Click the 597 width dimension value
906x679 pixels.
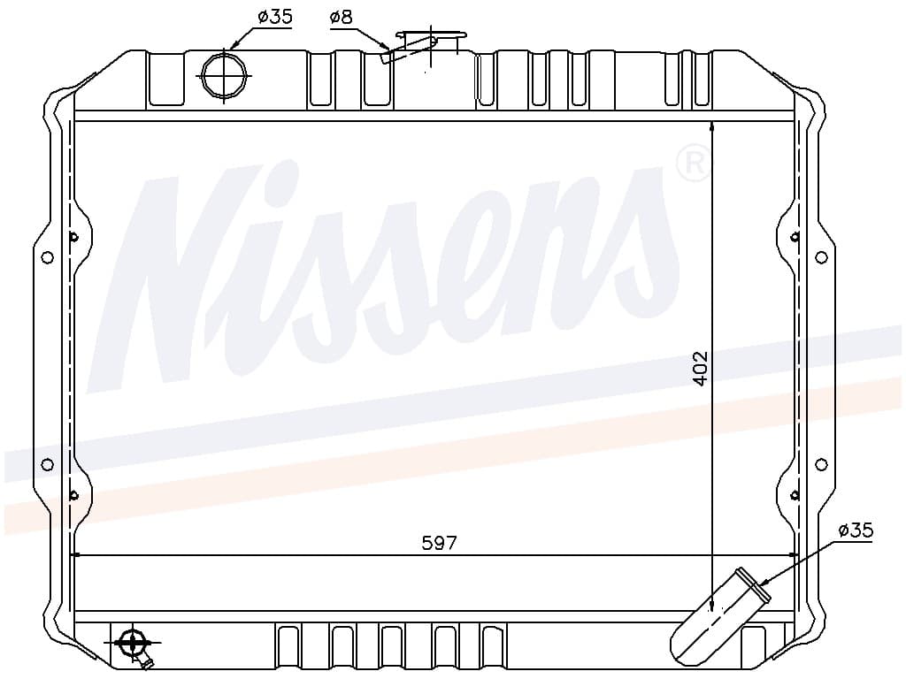coord(439,544)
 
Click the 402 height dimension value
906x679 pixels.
coord(701,369)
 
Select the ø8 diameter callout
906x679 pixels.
coord(341,18)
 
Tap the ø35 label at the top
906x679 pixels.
coord(275,17)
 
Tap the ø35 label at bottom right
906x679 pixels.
coord(856,530)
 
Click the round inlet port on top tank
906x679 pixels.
coord(224,75)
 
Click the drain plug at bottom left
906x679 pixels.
coord(133,643)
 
